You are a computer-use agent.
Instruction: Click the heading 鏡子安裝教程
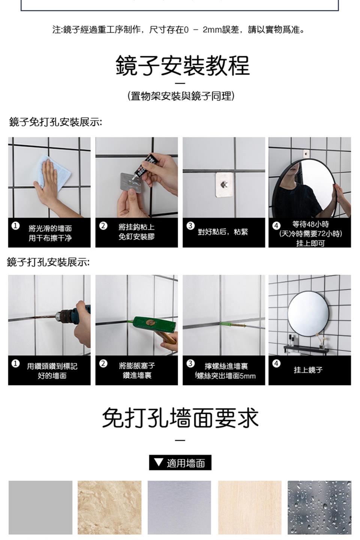(x=183, y=65)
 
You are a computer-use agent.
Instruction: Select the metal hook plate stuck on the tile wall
(x=224, y=184)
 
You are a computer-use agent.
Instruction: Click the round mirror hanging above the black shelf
(x=308, y=313)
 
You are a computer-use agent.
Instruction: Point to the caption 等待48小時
(x=310, y=224)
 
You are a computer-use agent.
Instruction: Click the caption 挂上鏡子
(x=308, y=370)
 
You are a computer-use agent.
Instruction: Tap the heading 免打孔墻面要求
(x=180, y=418)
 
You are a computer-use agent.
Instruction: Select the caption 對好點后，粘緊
(x=223, y=232)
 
